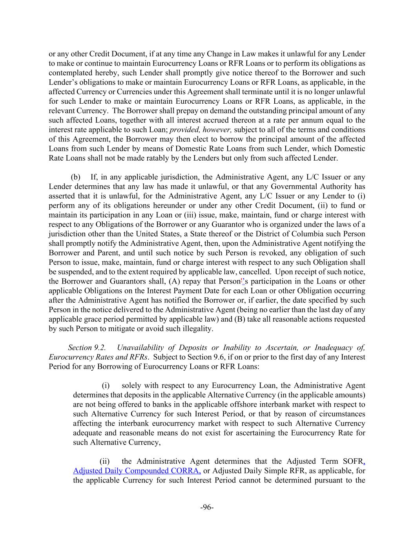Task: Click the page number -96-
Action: [207, 507]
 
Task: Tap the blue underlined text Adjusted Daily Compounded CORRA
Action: [137, 471]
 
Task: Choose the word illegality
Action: [194, 328]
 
